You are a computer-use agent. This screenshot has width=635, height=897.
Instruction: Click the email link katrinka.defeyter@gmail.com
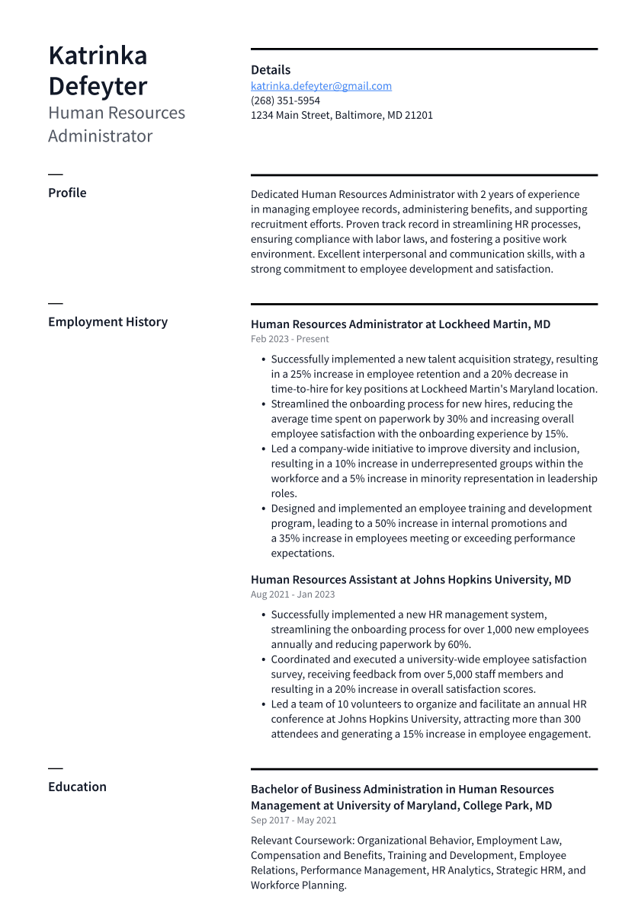coord(321,86)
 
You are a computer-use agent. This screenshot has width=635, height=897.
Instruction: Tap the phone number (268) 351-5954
coord(285,101)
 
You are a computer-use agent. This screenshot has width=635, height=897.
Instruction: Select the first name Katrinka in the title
coord(98,56)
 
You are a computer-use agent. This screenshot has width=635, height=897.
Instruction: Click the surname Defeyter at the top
coord(98,86)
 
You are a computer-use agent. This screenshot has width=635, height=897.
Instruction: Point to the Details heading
coord(271,70)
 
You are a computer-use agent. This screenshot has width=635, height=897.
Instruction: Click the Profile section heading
coord(67,193)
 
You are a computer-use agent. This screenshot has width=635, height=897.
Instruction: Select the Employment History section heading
coord(107,322)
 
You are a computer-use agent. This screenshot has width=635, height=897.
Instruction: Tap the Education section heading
coord(77,787)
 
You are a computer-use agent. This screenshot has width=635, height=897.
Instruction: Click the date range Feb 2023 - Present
coord(290,340)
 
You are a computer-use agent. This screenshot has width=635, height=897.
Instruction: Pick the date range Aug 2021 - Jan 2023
coord(293,595)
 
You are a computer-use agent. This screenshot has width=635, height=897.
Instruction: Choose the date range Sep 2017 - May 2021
coord(293,821)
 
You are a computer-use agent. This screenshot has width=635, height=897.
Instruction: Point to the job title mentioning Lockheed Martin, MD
coord(400,324)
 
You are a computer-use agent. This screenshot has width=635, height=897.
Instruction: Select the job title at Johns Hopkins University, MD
coord(410,579)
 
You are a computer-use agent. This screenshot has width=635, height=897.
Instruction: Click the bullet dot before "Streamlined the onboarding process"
coord(263,404)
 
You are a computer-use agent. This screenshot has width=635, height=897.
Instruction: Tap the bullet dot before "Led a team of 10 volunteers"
coord(263,704)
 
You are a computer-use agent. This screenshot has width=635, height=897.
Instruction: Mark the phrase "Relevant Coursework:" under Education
coord(303,841)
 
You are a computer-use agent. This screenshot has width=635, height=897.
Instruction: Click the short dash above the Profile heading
coord(55,175)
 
